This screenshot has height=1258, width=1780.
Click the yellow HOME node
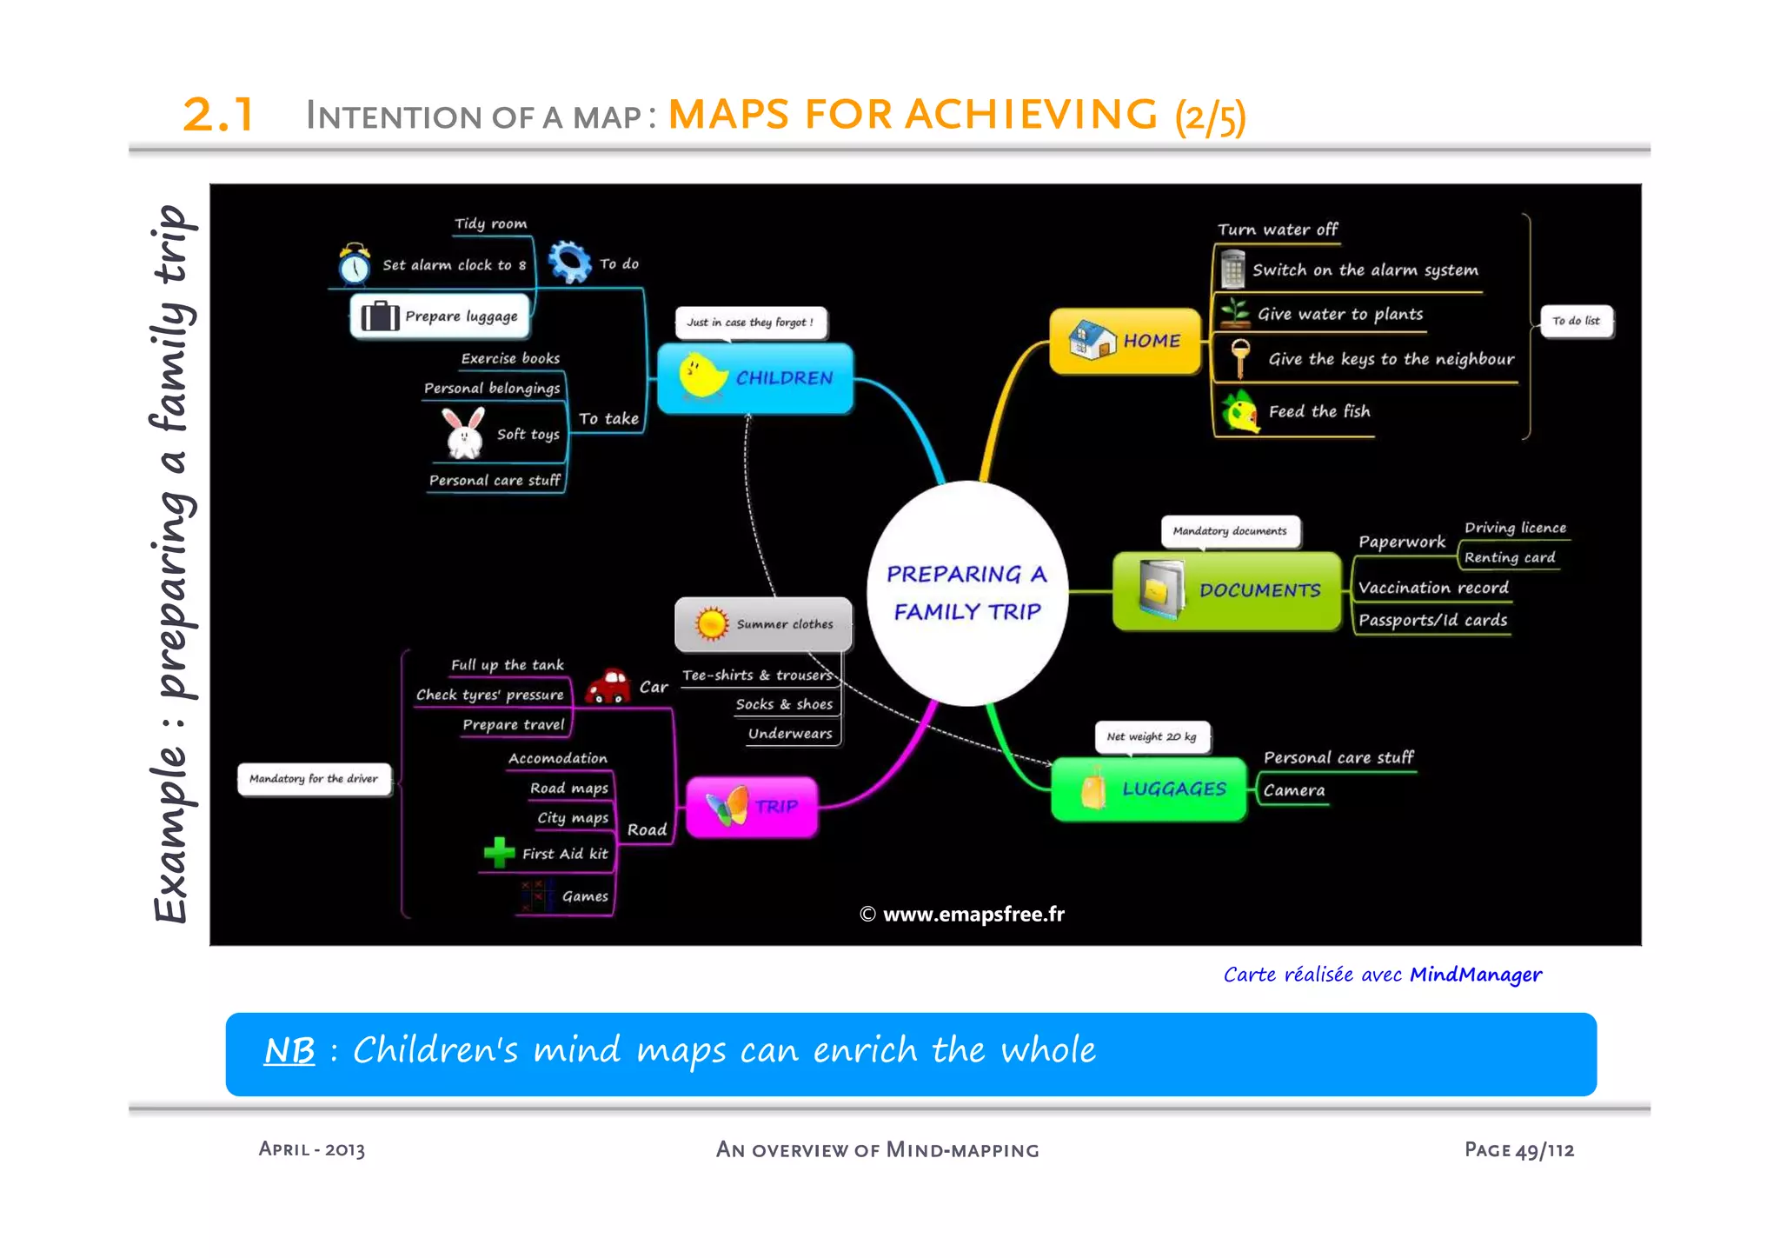[x=1125, y=341]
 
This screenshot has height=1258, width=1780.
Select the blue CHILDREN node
[x=755, y=378]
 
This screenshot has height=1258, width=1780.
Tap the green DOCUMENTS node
[x=1227, y=590]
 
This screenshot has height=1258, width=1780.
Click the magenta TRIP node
[x=752, y=807]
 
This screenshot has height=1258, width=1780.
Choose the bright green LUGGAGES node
[x=1149, y=789]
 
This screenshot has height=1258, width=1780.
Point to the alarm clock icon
[x=355, y=264]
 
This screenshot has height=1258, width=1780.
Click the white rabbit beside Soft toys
[x=464, y=433]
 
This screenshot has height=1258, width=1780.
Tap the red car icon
[x=608, y=686]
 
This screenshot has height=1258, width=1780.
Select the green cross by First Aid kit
[x=499, y=853]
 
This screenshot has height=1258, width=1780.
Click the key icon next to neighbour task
[x=1240, y=358]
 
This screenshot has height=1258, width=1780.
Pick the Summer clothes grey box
[x=763, y=623]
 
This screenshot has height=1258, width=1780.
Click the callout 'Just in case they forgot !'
[x=750, y=323]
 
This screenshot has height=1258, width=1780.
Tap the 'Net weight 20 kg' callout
[x=1152, y=736]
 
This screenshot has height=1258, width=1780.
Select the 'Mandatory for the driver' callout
[x=314, y=779]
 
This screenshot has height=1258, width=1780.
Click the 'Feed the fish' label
[x=1318, y=411]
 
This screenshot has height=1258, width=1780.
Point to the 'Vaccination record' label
[x=1432, y=589]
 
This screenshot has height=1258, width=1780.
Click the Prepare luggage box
[x=440, y=316]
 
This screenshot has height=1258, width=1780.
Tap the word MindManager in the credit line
[x=1475, y=975]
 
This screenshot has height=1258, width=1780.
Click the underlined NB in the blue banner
[x=289, y=1050]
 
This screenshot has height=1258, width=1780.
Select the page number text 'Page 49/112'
[x=1518, y=1149]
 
